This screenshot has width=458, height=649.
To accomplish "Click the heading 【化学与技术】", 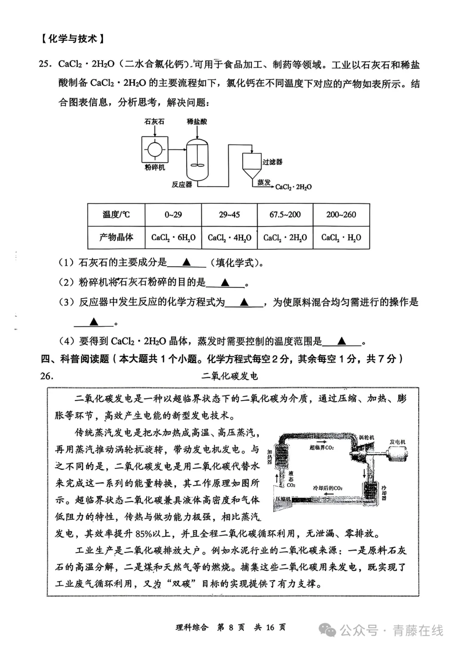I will coord(73,39).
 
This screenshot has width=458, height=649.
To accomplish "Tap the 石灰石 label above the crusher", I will coord(154,121).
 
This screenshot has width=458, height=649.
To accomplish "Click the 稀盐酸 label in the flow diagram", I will coord(197,121).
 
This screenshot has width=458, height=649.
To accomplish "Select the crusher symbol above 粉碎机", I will coord(154,150).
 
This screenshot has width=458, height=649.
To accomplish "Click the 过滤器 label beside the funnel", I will coord(272,162).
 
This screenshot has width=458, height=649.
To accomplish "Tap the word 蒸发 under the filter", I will coord(264,182).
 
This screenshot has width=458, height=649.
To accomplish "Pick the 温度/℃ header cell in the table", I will coord(116,214).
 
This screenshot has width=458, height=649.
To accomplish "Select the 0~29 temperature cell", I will coord(173,214).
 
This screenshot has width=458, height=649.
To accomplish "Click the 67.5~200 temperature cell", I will coord(285,214).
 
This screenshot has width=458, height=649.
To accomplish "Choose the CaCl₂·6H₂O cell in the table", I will coord(173,237).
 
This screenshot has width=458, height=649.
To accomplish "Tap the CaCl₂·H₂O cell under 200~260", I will coord(341,237).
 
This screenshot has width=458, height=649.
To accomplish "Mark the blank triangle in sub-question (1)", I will coord(186,262).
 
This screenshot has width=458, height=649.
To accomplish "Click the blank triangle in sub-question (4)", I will coord(342,341).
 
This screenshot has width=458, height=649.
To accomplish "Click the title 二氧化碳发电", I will coord(229,376).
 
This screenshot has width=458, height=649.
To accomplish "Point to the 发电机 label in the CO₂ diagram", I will coord(397,442).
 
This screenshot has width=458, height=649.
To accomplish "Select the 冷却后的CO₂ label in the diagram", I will coord(327,488).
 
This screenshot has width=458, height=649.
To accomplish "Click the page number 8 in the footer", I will coord(231,627).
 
